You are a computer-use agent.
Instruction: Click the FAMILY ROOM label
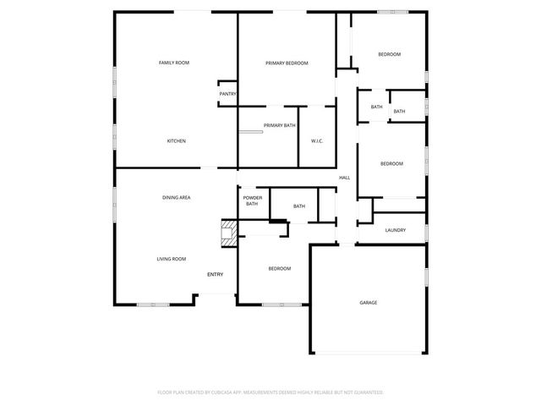[174, 63]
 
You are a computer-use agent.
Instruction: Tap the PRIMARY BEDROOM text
[287, 63]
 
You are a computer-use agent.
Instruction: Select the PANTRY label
[227, 94]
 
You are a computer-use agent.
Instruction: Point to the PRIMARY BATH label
[280, 125]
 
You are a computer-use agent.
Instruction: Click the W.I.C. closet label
[318, 140]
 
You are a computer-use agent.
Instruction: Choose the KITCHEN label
[176, 140]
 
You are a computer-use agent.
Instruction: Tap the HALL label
[345, 178]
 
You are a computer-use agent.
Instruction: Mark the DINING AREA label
[177, 197]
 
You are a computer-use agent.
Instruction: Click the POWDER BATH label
[253, 200]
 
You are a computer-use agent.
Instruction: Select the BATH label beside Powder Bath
[299, 206]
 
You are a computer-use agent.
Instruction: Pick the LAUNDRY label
[395, 230]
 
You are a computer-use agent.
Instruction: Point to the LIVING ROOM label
[172, 259]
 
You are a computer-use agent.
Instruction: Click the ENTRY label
[216, 274]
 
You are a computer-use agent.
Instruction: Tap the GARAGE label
[369, 302]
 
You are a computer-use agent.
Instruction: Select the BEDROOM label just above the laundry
[391, 163]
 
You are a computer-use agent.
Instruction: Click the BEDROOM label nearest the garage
[280, 269]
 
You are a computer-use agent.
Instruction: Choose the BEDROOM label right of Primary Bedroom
[389, 55]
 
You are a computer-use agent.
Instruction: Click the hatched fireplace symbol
[228, 233]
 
